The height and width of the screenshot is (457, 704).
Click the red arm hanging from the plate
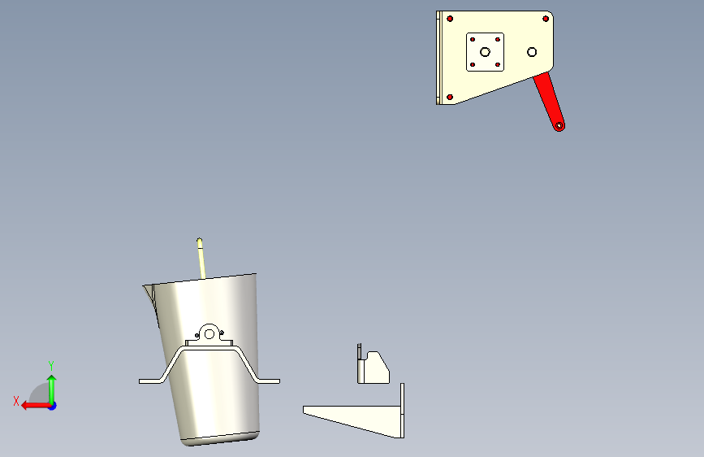[549, 101]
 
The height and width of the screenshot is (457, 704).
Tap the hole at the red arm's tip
[559, 126]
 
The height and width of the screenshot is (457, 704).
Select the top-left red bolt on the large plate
[450, 19]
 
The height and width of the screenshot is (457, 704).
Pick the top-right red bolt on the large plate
[546, 19]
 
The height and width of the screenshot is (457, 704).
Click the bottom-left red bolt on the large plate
[450, 97]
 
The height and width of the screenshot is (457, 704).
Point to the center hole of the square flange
[485, 52]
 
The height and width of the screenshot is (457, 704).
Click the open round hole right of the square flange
[532, 52]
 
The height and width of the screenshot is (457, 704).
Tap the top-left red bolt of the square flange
[473, 40]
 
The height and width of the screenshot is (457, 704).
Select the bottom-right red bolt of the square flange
[498, 65]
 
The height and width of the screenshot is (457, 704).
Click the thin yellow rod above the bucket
[201, 259]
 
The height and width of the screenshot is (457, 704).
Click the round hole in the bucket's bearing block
[209, 334]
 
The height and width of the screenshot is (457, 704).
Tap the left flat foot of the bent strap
[150, 381]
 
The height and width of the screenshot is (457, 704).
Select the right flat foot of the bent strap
[269, 381]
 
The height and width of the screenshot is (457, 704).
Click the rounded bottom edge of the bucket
[221, 439]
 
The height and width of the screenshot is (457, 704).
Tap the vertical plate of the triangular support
[402, 410]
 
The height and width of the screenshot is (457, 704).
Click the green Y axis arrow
[52, 389]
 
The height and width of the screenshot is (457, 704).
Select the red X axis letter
[16, 401]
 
